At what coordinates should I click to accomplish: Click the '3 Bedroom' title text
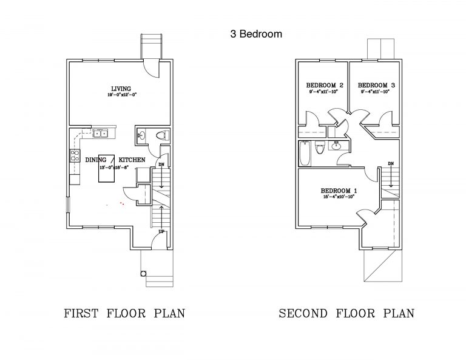pyautogui.click(x=255, y=34)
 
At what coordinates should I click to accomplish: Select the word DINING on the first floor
pyautogui.click(x=96, y=159)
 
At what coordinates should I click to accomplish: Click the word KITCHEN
pyautogui.click(x=132, y=159)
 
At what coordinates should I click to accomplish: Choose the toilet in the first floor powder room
pyautogui.click(x=161, y=135)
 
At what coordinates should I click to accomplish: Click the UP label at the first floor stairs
pyautogui.click(x=161, y=231)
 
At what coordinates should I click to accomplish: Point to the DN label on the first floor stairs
pyautogui.click(x=161, y=165)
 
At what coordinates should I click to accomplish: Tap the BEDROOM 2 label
pyautogui.click(x=325, y=85)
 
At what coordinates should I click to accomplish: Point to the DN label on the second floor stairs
pyautogui.click(x=391, y=164)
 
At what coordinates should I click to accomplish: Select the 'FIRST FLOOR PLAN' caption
pyautogui.click(x=124, y=314)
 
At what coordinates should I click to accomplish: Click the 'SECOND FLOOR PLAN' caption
pyautogui.click(x=346, y=314)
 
